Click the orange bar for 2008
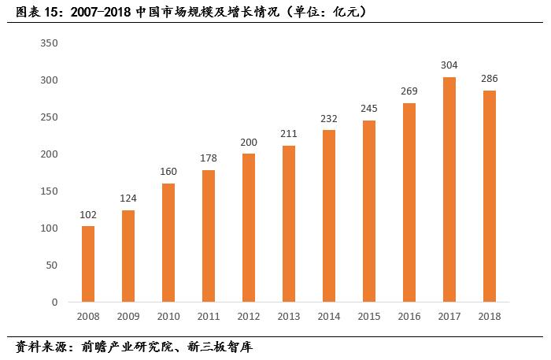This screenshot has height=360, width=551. [88, 264]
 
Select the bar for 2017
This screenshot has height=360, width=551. [449, 189]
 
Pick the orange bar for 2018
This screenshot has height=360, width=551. [489, 196]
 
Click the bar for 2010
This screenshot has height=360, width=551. [168, 243]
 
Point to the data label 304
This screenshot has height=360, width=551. [449, 65]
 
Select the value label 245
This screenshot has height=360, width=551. [368, 108]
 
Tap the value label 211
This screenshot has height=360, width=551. [289, 133]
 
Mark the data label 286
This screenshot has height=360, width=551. [489, 78]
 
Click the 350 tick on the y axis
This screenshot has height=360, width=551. [49, 43]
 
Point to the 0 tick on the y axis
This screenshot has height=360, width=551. [55, 302]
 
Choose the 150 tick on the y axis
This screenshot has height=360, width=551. [49, 191]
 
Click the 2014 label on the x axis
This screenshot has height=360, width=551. [328, 316]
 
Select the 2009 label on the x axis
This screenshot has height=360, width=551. [128, 316]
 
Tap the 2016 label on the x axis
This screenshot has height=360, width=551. [409, 316]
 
